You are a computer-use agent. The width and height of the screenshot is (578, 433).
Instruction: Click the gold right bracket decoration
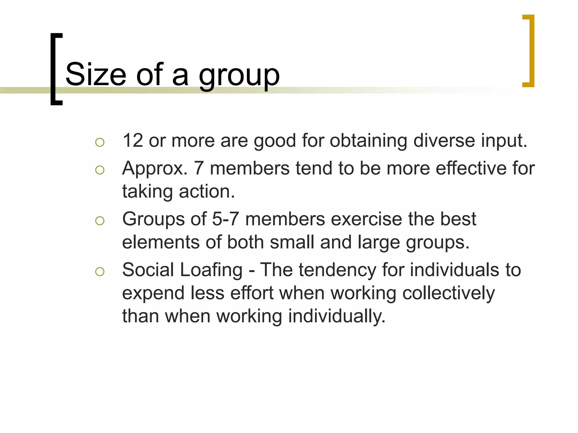pos(531,51)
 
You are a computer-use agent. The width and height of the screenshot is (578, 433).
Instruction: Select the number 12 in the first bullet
pos(133,140)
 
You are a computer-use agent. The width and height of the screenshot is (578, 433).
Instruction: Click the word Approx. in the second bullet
pos(155,169)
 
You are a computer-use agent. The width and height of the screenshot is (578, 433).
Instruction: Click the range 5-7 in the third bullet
pos(225,219)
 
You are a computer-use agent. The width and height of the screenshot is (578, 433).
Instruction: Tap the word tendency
pos(337,270)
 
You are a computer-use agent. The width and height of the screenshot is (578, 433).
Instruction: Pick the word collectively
pos(448,293)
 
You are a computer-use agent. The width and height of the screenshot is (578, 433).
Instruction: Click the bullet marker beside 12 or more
pos(100,142)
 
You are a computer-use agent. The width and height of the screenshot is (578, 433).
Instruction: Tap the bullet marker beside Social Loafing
pos(100,272)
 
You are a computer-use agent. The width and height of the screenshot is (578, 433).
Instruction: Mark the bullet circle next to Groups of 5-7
pos(100,221)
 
